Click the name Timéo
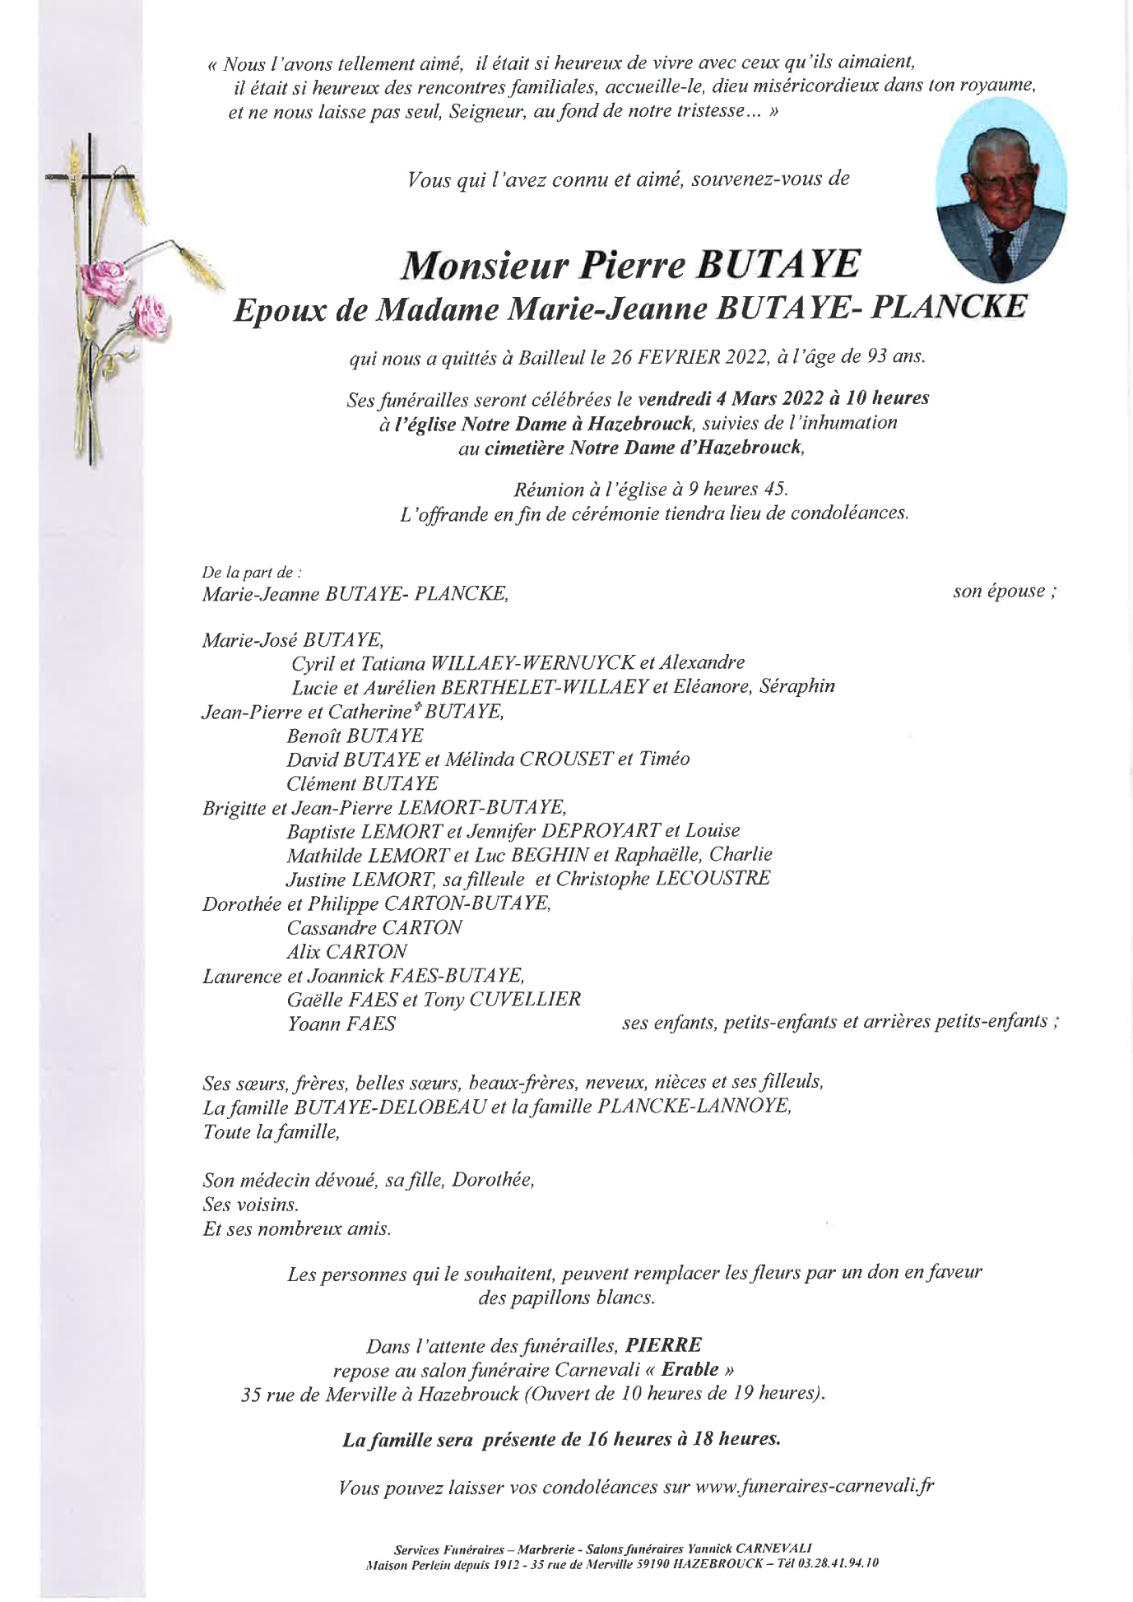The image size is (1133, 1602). pos(664,759)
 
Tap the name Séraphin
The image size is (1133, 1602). pos(797,686)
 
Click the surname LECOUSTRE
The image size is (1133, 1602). pos(713,879)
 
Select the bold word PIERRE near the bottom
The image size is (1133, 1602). pos(664,1345)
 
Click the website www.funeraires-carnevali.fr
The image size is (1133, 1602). pos(815,1487)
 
